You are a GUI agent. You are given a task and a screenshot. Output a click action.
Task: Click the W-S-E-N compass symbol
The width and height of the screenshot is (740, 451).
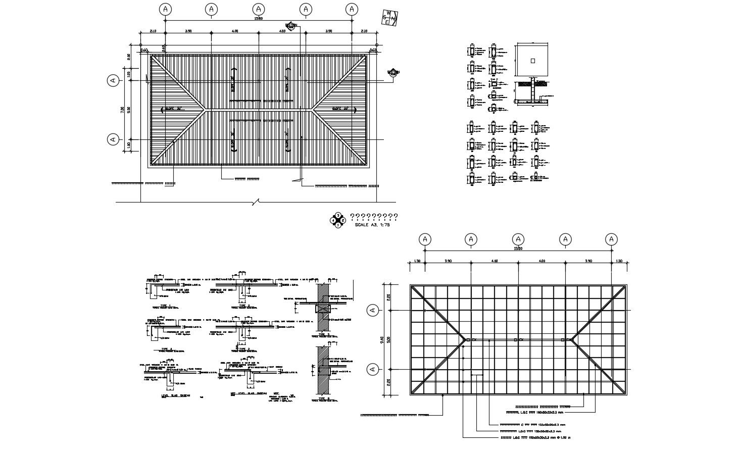pos(390,18)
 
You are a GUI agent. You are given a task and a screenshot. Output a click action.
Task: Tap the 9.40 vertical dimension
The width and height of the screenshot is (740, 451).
pos(382,339)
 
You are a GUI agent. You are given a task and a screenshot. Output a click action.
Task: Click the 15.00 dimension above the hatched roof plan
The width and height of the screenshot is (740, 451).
pos(258,19)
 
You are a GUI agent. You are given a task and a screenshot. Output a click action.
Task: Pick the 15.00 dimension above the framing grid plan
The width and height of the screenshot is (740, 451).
pos(518,248)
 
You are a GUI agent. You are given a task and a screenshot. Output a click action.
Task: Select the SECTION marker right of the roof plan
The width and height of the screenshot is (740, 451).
pos(393,73)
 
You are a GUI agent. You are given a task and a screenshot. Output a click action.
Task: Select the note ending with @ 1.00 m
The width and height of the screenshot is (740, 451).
pos(535,438)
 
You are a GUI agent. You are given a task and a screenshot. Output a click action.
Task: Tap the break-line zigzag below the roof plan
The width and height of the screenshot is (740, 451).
pos(257,202)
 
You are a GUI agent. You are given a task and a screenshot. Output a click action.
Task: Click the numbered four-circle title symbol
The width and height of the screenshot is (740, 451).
pos(337,220)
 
